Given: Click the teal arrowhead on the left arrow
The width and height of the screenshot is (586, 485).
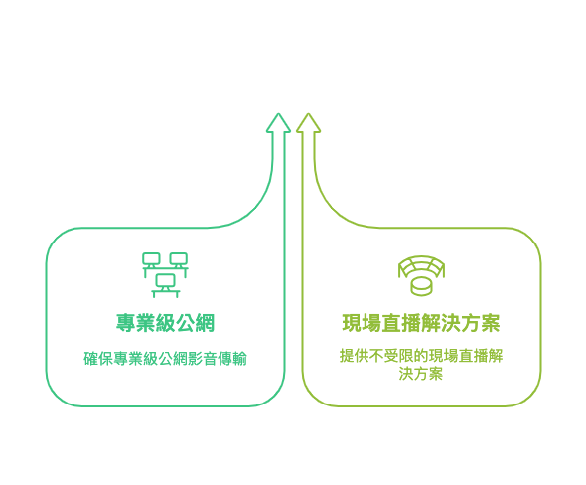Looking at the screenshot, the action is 278,123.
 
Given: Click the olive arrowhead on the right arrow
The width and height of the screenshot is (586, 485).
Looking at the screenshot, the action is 308,123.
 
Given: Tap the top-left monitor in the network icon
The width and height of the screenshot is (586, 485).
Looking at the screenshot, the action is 151,260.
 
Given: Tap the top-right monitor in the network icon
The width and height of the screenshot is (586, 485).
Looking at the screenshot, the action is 179,260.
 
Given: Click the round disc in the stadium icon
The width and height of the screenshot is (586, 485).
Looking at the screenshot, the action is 421,287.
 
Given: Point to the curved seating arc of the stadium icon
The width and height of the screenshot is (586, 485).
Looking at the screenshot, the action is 421,261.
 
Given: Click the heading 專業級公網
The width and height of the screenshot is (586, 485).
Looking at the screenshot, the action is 165,323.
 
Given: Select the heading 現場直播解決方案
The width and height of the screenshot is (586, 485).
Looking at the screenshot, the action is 421,323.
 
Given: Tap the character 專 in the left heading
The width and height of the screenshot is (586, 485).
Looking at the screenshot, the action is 125,323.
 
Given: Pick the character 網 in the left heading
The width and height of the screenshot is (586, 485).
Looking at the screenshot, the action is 205,323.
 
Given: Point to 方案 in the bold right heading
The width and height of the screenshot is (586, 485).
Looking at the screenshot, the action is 481,323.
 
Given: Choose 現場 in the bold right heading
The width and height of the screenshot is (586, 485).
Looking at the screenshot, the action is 362,323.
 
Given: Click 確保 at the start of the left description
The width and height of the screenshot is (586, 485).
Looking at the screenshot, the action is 98,358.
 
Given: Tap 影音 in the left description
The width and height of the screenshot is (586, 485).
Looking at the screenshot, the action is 203,358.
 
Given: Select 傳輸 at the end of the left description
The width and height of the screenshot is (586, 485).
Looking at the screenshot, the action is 232,358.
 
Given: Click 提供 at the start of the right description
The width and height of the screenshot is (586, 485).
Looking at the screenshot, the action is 355,355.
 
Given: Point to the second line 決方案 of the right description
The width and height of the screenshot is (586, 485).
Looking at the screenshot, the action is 421,374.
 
